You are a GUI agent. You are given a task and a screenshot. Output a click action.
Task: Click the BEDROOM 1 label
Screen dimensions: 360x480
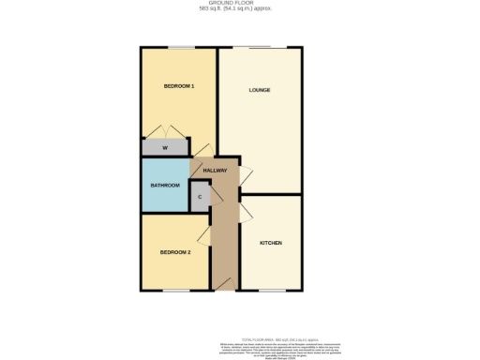click(178, 86)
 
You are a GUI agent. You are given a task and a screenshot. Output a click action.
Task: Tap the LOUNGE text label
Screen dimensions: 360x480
click(260, 90)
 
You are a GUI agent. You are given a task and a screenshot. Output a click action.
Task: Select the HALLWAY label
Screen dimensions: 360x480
click(215, 170)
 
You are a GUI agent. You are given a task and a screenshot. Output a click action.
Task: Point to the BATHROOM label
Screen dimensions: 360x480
click(165, 185)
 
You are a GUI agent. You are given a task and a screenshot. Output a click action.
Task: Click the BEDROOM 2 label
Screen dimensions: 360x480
click(174, 252)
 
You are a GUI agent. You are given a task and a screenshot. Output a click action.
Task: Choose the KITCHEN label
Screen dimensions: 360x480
click(271, 243)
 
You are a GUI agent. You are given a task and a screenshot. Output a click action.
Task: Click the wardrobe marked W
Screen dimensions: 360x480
click(164, 148)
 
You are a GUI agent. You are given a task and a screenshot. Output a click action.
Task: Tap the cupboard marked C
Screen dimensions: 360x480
click(200, 197)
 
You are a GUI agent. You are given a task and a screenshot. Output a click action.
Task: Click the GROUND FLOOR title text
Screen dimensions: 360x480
click(240, 5)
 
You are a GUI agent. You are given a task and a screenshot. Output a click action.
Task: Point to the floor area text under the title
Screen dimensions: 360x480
click(240, 10)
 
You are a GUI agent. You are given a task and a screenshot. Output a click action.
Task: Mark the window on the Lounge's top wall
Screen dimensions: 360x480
click(260, 47)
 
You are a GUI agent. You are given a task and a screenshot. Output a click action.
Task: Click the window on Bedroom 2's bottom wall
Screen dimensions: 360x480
click(174, 291)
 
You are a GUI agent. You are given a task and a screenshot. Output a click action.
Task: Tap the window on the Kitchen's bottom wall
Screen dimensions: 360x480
click(271, 291)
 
